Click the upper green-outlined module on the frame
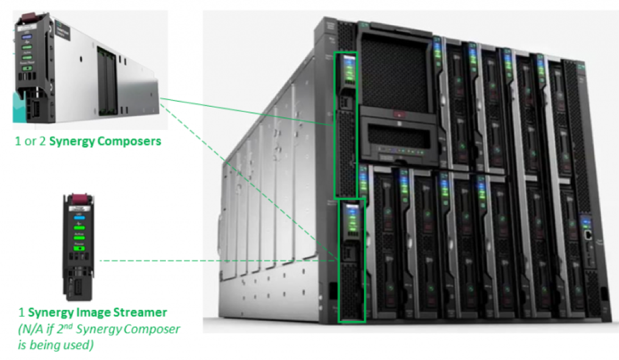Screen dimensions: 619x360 345,125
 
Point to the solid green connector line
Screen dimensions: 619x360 244,109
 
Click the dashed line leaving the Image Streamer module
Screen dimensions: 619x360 213,261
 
